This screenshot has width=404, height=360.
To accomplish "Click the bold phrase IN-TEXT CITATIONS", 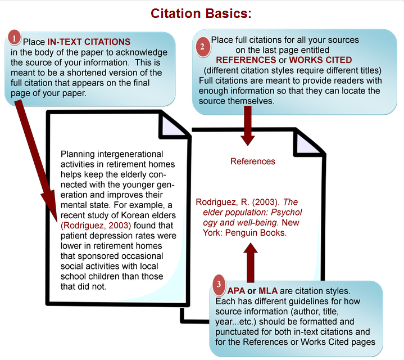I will click(88, 42).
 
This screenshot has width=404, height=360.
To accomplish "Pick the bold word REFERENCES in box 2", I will click(244, 60).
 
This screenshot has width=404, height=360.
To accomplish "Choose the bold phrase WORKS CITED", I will click(319, 60).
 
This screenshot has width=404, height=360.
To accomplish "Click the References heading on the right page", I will click(253, 161).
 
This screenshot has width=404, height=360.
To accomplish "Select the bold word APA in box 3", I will click(235, 291).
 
